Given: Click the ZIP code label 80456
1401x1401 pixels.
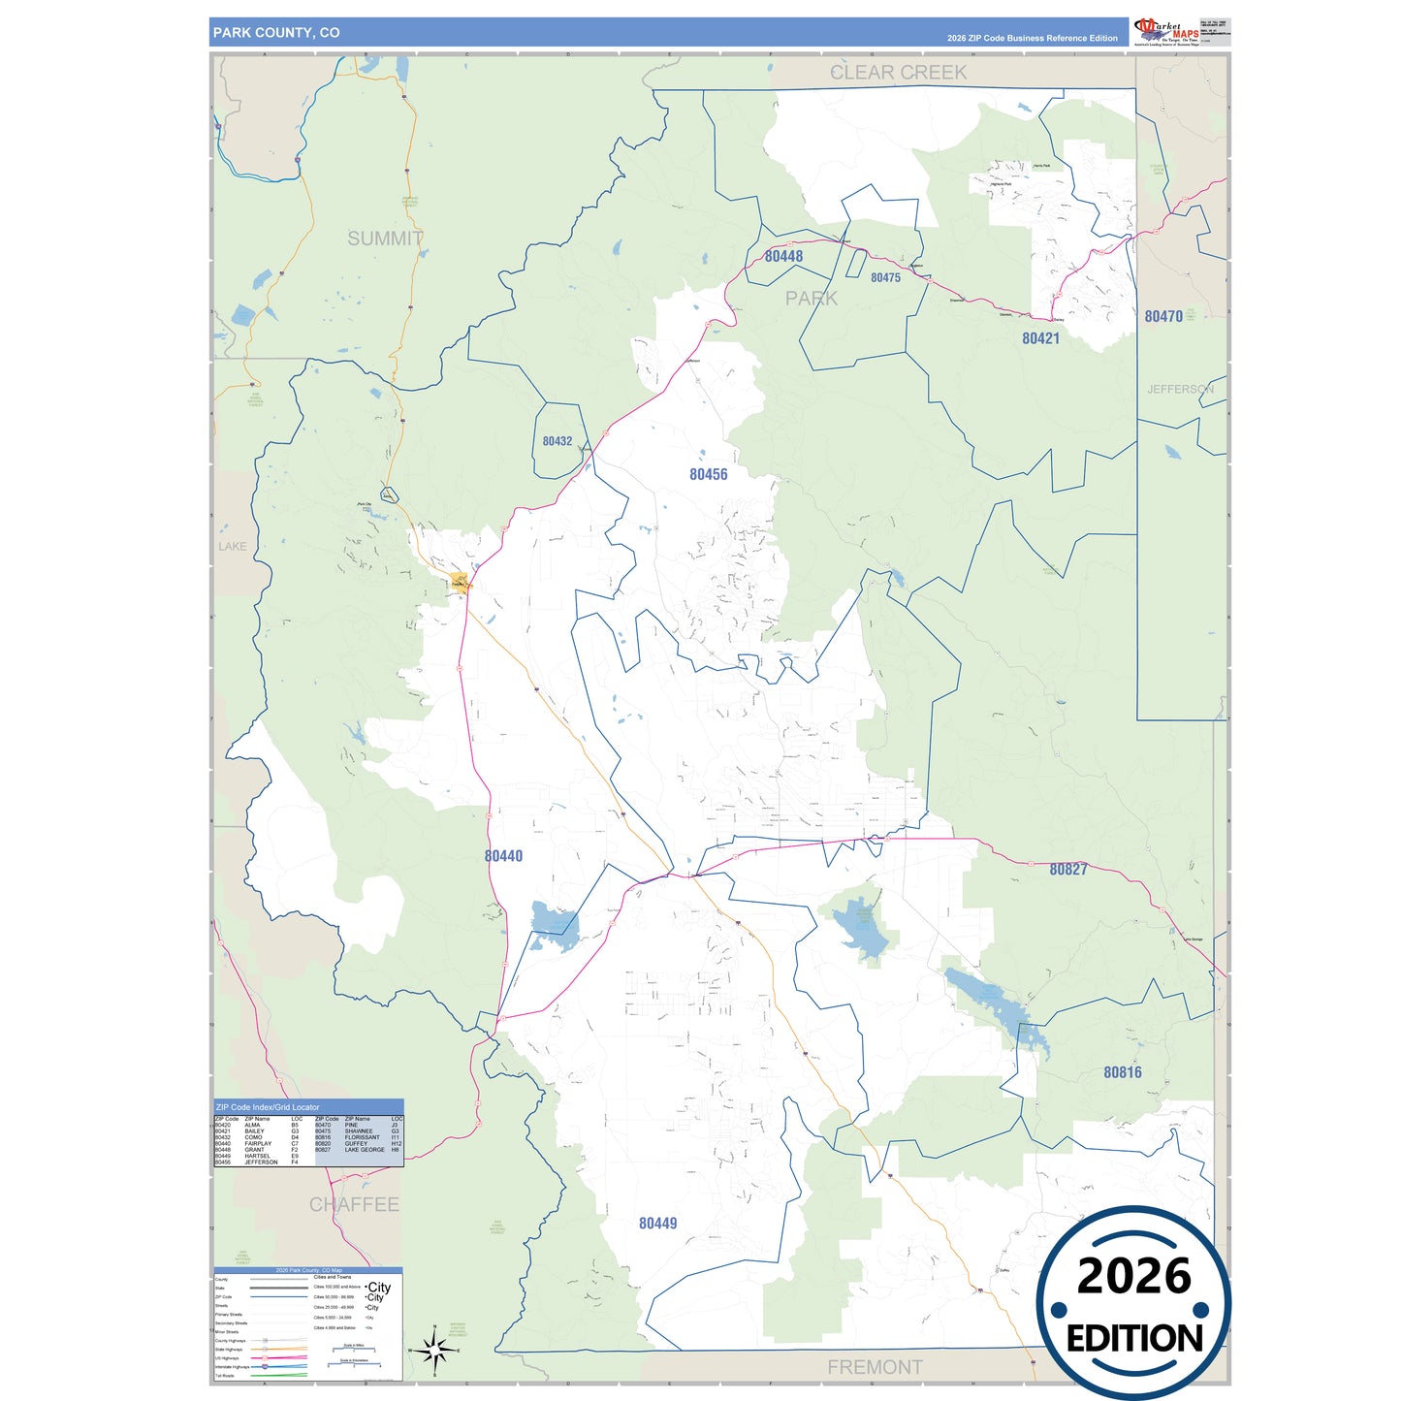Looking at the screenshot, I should point(708,474).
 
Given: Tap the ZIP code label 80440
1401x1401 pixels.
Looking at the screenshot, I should point(503,856).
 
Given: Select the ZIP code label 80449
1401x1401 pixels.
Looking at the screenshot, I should point(657,1224).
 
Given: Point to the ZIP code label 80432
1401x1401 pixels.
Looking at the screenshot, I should point(557,441).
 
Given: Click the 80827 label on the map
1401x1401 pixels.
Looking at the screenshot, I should point(1067,870).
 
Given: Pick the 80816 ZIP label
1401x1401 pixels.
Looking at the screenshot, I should point(1122,1072).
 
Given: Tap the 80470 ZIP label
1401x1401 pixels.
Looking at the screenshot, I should point(1162,316).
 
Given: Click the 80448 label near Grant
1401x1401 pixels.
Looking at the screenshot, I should point(783,256).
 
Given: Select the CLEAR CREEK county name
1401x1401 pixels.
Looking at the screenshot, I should point(898,73).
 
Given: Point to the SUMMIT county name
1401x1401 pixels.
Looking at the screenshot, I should point(385,239).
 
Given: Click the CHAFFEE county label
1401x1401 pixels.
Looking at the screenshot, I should point(354,1204).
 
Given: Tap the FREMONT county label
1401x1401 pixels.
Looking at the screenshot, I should point(875,1367).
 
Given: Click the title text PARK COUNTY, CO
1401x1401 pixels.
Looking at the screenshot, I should point(276,33).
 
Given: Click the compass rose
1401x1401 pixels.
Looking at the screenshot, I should point(434,1349).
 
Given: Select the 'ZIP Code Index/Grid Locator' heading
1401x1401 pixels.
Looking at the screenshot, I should point(268,1106).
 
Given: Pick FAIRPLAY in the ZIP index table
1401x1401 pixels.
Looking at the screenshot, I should point(258,1143).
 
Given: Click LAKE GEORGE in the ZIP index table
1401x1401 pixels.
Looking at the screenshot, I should point(365,1150).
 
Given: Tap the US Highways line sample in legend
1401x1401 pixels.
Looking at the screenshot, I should point(278,1357).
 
